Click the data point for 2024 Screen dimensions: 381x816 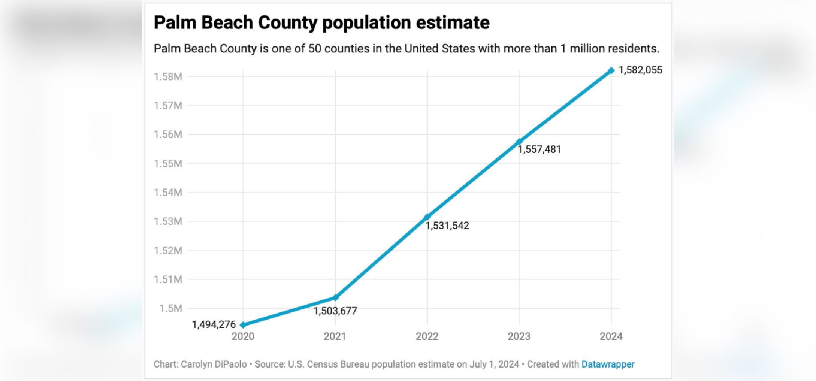pos(611,71)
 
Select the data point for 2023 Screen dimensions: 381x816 pos(519,142)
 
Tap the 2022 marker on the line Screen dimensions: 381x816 pos(427,217)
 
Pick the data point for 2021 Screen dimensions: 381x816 pos(335,297)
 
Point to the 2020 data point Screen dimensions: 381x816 pos(243,325)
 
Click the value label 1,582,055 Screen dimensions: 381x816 pos(640,70)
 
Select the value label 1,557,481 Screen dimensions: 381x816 pos(539,149)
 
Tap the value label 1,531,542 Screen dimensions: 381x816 pos(447,226)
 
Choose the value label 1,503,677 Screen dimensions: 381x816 pos(335,311)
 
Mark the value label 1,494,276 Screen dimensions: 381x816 pos(214,325)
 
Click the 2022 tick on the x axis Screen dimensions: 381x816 pos(427,336)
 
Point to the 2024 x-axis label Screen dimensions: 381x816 pos(611,336)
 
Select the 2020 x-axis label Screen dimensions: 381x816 pos(243,336)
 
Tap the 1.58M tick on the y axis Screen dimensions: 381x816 pos(168,77)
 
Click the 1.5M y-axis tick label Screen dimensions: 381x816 pos(171,308)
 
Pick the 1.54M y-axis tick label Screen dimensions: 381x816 pos(168,192)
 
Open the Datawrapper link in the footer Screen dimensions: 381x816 pos(608,364)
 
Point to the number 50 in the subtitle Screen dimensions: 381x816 pos(315,48)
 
